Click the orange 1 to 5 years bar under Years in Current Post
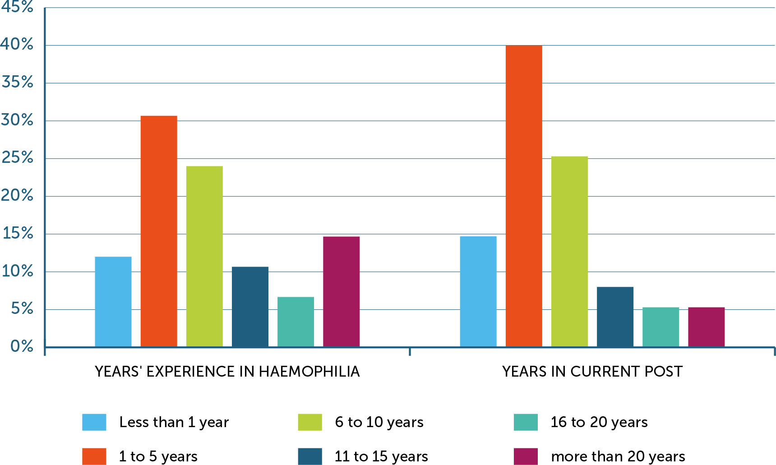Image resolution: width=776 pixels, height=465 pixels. tap(523, 196)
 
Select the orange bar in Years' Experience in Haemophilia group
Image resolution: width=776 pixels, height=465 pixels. tap(158, 231)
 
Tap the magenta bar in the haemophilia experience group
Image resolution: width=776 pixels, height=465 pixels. tap(341, 291)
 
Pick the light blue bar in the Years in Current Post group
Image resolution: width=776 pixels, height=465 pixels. tap(478, 291)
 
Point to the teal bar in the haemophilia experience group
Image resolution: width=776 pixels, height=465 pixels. tap(296, 322)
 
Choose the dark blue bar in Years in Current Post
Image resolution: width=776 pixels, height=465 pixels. tap(614, 317)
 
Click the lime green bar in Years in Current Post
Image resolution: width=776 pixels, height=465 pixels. tap(569, 251)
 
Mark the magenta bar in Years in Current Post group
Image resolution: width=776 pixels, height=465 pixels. tap(706, 327)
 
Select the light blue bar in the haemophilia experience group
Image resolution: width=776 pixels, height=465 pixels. tap(113, 301)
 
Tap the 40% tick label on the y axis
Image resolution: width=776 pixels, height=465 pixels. tap(17, 44)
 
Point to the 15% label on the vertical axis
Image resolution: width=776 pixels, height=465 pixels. tap(18, 233)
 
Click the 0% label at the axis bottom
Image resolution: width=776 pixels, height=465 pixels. tap(22, 346)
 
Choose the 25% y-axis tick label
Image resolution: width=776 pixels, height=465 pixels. tap(18, 158)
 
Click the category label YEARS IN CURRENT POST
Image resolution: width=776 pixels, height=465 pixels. tap(592, 372)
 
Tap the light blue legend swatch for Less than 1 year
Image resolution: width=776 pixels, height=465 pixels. tap(94, 422)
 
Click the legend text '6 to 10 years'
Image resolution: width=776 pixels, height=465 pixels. tap(379, 422)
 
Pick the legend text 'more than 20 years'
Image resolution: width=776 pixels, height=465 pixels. tap(618, 456)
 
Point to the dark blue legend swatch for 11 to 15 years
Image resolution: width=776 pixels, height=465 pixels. tap(309, 456)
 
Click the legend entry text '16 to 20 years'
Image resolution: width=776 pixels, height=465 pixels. tap(599, 422)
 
